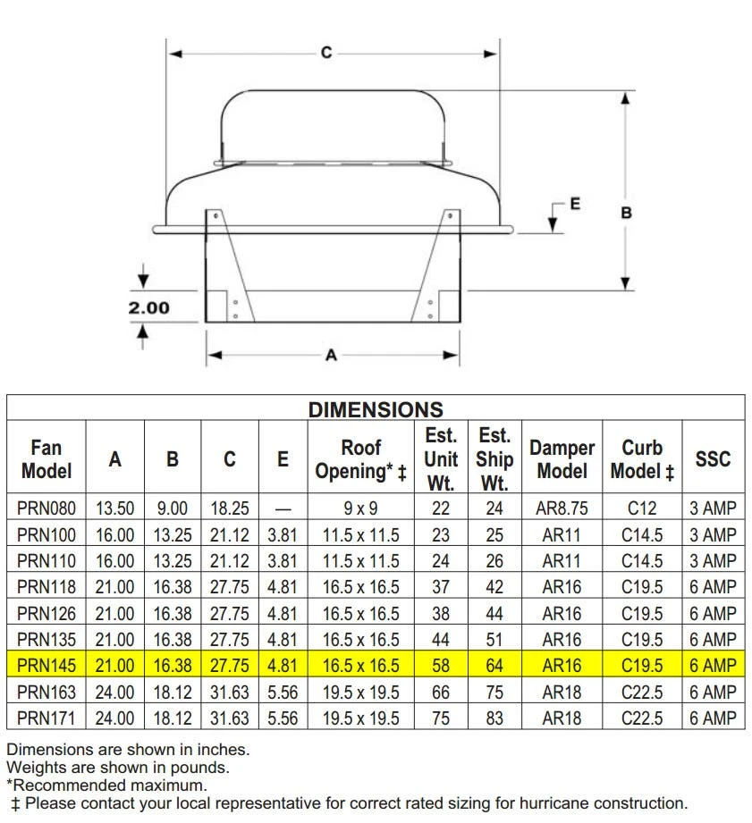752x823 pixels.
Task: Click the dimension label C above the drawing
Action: [326, 53]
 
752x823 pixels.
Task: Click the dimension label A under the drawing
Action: [331, 356]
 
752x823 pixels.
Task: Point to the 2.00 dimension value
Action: [149, 307]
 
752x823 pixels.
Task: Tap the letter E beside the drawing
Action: [576, 204]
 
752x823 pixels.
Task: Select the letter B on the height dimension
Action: [627, 213]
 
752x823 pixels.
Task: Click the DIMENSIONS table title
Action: [376, 409]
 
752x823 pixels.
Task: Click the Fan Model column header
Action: [46, 459]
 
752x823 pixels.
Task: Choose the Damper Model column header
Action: [562, 459]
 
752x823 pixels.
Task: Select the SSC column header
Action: [713, 459]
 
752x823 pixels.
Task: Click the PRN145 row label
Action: [46, 666]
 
